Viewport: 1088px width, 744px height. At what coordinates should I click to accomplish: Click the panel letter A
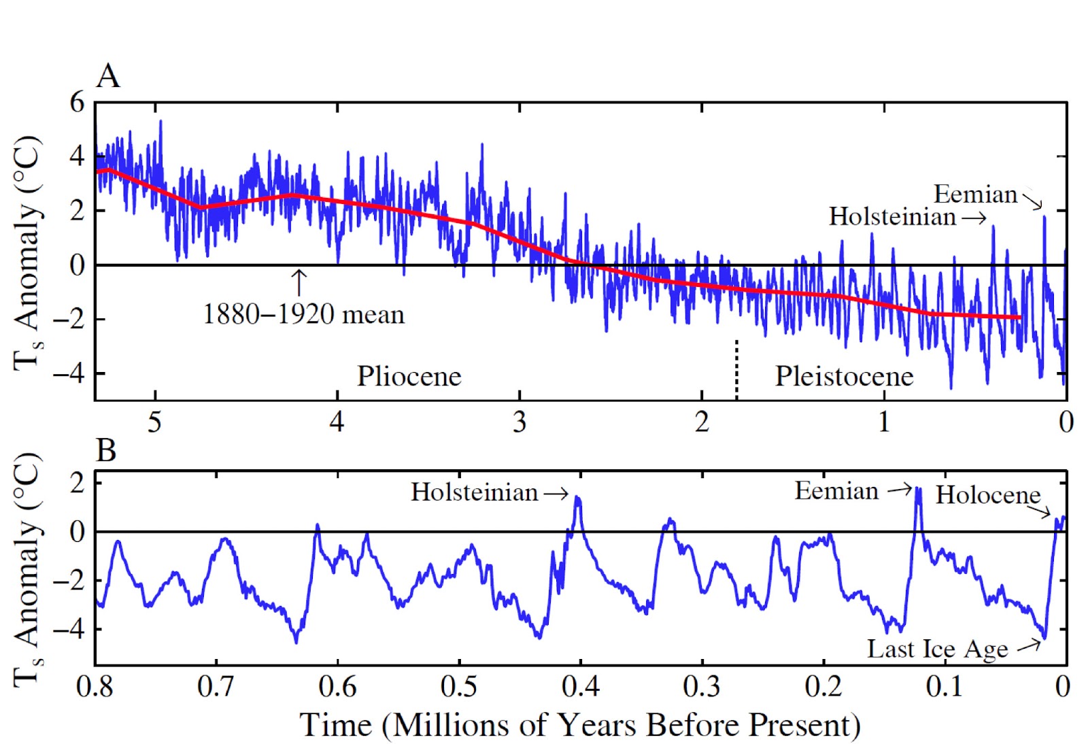pyautogui.click(x=108, y=76)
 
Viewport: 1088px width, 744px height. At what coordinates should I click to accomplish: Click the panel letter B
pyautogui.click(x=106, y=450)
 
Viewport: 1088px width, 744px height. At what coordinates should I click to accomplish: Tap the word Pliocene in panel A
pyautogui.click(x=409, y=376)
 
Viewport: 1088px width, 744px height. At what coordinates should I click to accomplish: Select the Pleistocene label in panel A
pyautogui.click(x=844, y=376)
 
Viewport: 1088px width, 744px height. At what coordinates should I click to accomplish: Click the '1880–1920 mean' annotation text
pyautogui.click(x=303, y=315)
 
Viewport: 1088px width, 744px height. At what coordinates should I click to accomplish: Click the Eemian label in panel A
pyautogui.click(x=975, y=195)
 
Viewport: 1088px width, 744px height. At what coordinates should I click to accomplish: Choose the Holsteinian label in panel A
pyautogui.click(x=892, y=217)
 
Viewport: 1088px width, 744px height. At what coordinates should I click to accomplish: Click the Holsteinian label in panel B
pyautogui.click(x=474, y=492)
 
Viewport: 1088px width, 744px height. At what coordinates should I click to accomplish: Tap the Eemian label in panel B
pyautogui.click(x=836, y=491)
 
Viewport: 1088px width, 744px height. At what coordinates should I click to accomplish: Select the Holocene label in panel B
pyautogui.click(x=987, y=495)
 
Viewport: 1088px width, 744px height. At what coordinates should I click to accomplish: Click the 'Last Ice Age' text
pyautogui.click(x=937, y=649)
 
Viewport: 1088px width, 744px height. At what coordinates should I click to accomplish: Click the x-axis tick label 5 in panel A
pyautogui.click(x=155, y=422)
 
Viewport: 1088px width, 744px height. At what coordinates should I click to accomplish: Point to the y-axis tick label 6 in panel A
pyautogui.click(x=77, y=103)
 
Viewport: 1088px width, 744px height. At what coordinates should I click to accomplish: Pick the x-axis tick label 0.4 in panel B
pyautogui.click(x=580, y=686)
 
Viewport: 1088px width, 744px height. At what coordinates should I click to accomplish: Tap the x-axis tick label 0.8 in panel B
pyautogui.click(x=95, y=686)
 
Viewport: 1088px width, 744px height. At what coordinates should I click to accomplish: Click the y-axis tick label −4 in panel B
pyautogui.click(x=69, y=629)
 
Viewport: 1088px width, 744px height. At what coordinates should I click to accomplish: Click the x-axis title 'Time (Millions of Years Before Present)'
pyautogui.click(x=580, y=725)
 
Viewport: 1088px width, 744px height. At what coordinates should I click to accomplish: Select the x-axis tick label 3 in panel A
pyautogui.click(x=520, y=422)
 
